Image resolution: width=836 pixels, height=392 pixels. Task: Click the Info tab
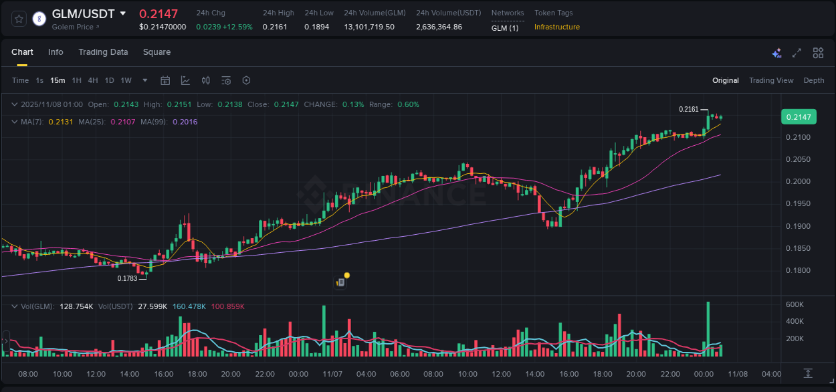coord(56,52)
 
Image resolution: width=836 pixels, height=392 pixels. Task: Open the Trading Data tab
coord(103,52)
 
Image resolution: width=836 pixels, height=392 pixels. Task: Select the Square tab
coord(156,52)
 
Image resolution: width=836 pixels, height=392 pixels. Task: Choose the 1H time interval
coord(76,81)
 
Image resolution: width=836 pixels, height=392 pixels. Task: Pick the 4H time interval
coord(92,81)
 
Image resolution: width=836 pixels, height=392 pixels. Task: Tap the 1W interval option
coord(126,81)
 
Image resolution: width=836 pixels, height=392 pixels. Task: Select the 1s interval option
coord(39,81)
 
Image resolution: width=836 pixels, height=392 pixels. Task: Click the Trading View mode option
coord(771,81)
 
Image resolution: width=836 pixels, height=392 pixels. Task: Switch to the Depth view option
coord(814,81)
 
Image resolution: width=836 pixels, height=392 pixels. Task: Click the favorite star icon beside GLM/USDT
coord(19,19)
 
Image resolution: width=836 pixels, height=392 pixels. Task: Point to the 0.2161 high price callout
coord(688,109)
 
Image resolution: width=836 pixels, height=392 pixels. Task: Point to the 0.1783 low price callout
coord(127,278)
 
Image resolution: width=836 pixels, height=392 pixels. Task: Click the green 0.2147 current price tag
coord(798,117)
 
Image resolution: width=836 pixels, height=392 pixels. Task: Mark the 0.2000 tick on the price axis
coord(797,181)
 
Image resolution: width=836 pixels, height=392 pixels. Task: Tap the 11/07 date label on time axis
coord(332,374)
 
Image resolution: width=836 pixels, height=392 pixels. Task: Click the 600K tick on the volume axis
coord(795,304)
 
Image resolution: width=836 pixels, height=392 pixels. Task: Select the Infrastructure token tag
coord(557,27)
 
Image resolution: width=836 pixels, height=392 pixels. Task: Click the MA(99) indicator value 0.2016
coord(185,122)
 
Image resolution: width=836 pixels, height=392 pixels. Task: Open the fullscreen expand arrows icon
coord(797,53)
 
